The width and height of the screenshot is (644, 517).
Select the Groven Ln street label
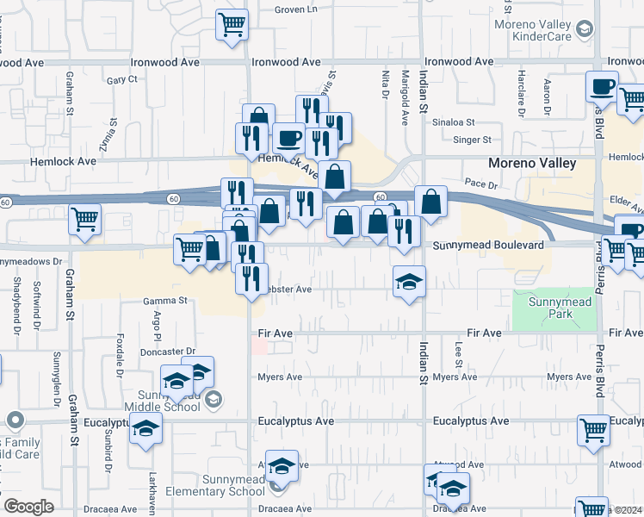click(296, 9)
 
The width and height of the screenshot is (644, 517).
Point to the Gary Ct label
click(122, 80)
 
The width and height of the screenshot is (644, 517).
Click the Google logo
click(28, 507)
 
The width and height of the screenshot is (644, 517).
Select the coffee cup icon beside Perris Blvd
click(602, 86)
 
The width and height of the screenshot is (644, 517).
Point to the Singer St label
click(472, 140)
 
